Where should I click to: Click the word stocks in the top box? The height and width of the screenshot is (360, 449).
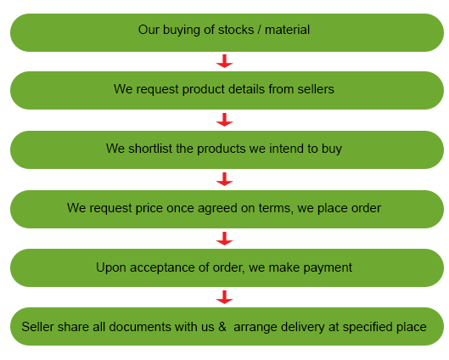coord(236,30)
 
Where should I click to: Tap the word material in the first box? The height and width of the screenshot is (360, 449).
coord(287,30)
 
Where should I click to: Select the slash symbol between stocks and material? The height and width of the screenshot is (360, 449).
coord(259,30)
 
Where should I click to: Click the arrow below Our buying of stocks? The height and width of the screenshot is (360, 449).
coord(224,61)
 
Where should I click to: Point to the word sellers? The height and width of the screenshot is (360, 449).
coord(316,89)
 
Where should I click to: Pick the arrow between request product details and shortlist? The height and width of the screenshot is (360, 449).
coord(224,120)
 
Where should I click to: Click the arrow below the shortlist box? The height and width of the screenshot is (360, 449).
coord(224,179)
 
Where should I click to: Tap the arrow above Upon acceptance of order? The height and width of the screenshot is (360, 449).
coord(224,239)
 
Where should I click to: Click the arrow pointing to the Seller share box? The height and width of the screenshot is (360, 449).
coord(224,297)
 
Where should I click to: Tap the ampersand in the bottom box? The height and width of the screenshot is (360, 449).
coord(222,327)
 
